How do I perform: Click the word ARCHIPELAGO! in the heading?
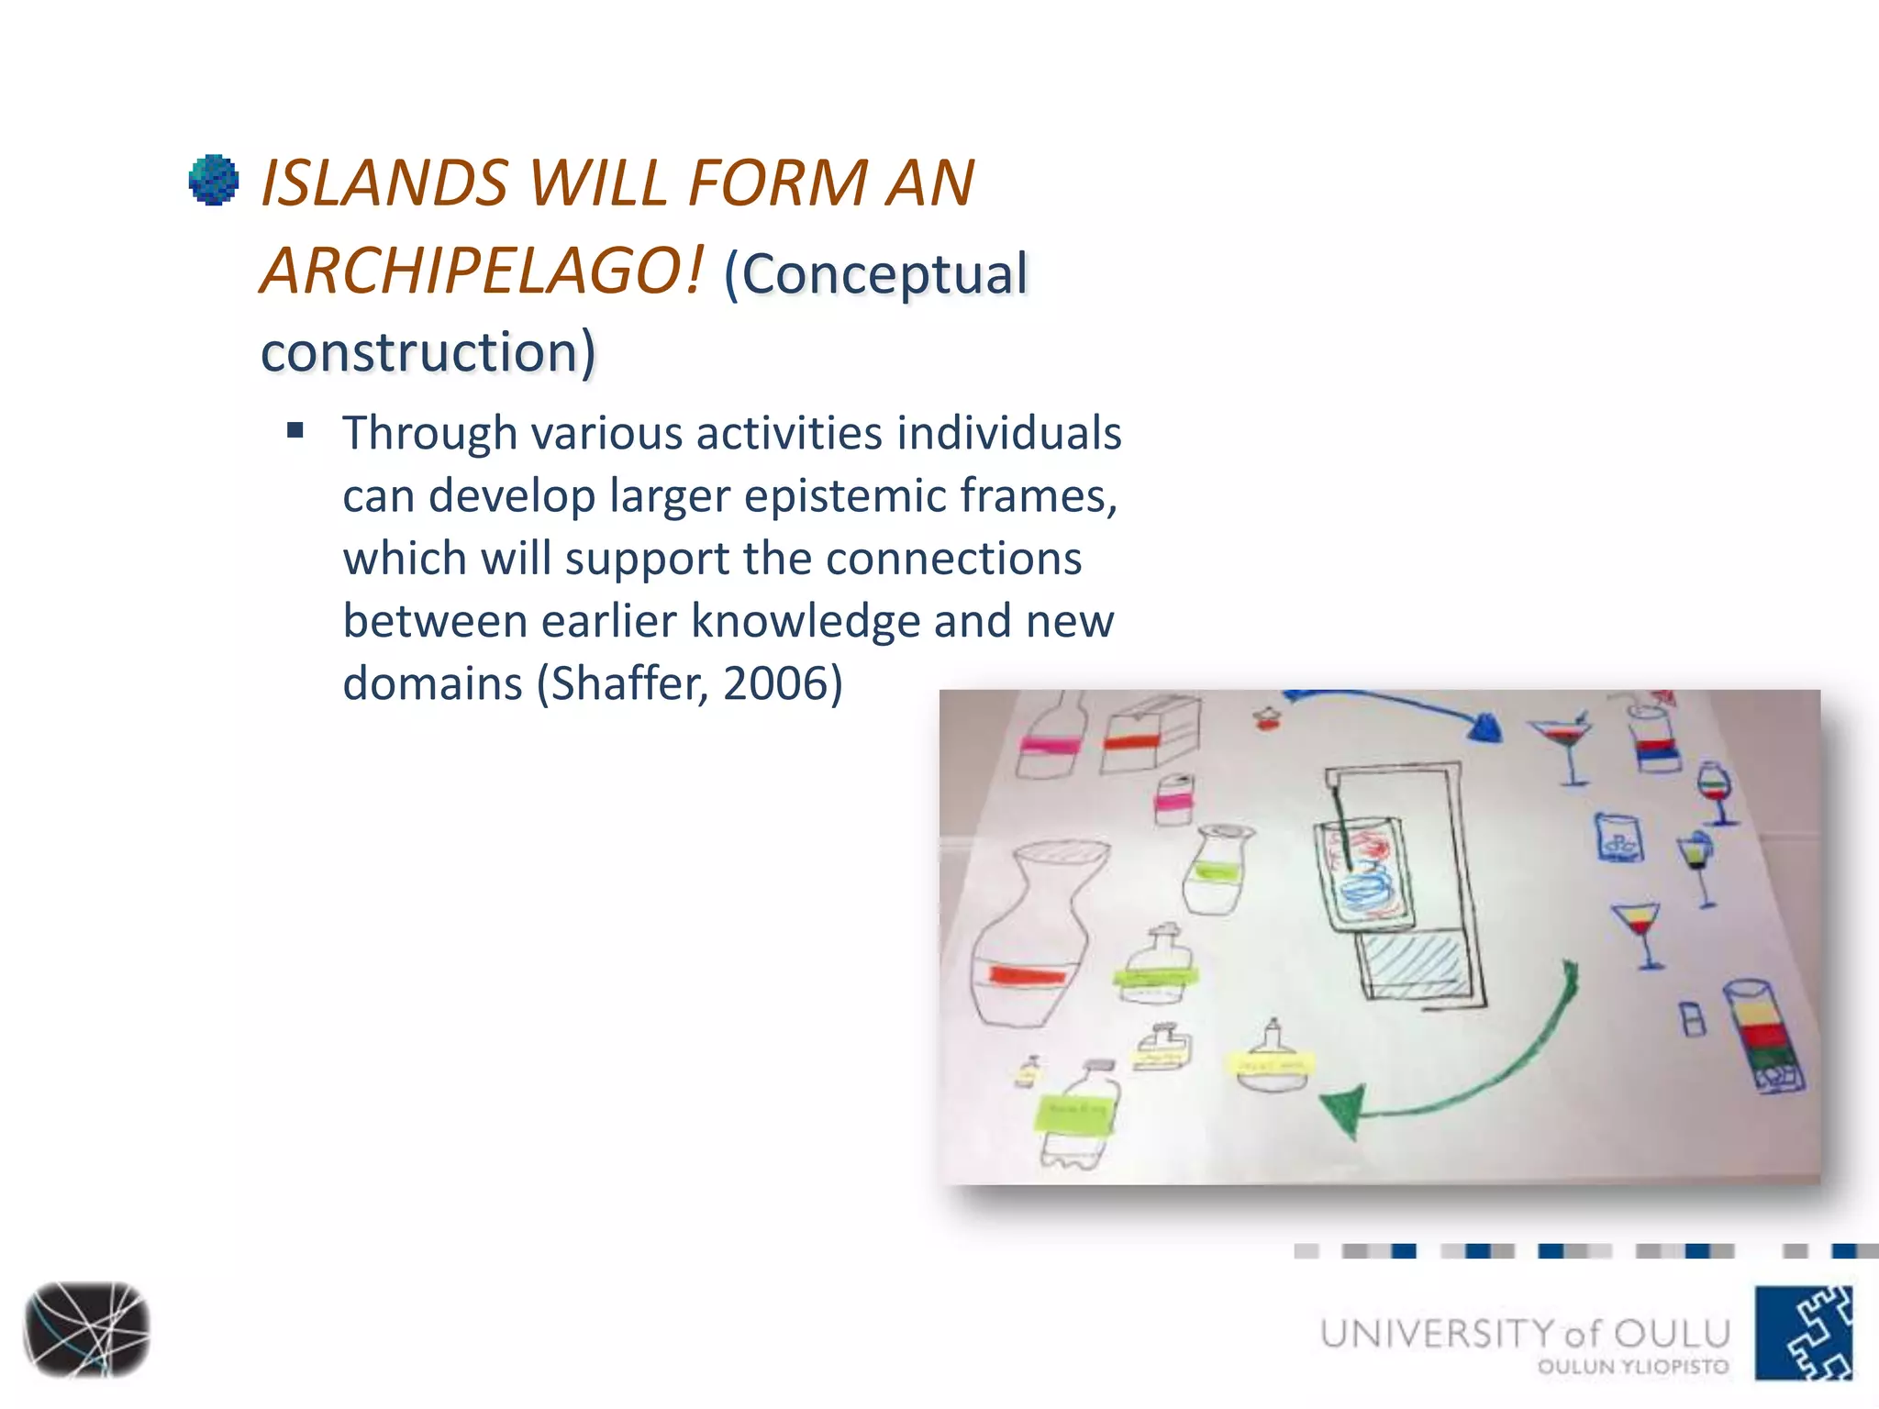[x=483, y=272]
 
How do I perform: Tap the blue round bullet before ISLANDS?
[x=214, y=180]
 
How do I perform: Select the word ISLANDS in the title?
[x=384, y=183]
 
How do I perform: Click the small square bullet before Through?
[x=295, y=430]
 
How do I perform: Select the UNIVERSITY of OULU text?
[x=1525, y=1333]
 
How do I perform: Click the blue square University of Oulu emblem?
[x=1804, y=1333]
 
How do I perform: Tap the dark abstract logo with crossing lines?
[x=86, y=1329]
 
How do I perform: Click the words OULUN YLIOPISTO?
[x=1632, y=1367]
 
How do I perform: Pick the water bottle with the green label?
[x=1079, y=1115]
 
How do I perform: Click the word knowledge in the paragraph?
[x=805, y=621]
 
